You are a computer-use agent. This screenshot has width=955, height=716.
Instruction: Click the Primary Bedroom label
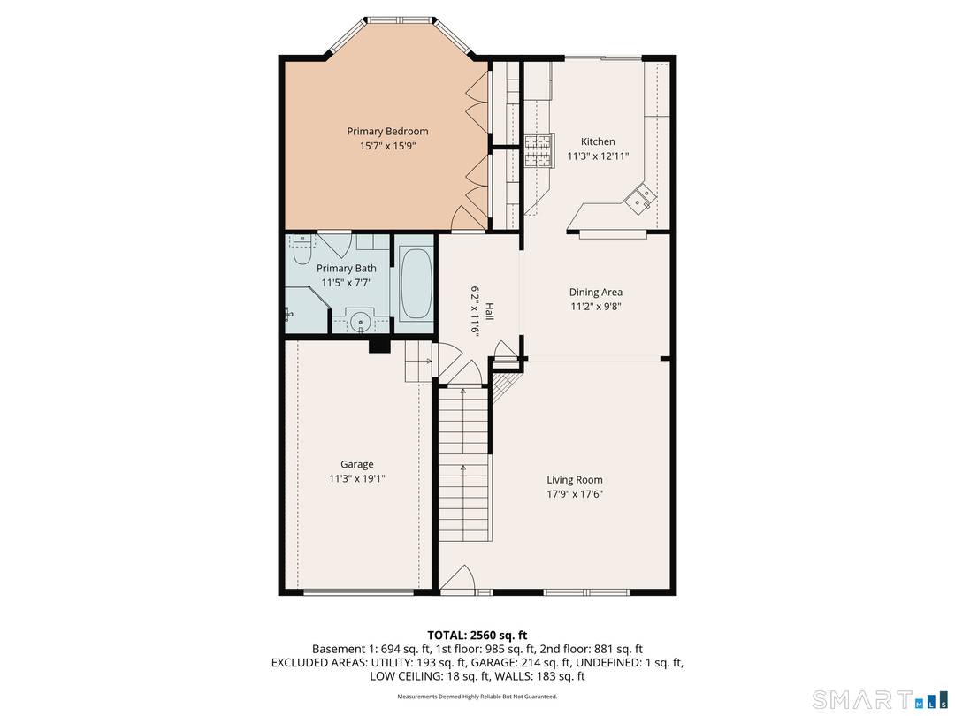[387, 132]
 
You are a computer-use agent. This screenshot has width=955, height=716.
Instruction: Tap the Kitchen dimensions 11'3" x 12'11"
[597, 157]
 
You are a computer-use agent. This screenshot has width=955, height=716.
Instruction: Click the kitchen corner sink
[639, 199]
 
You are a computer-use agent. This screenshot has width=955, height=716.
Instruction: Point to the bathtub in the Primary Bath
[415, 285]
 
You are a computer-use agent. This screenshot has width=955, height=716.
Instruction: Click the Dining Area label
[595, 293]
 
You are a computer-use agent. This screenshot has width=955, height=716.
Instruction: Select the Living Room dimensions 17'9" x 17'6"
[574, 494]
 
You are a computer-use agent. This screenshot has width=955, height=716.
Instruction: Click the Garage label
[356, 464]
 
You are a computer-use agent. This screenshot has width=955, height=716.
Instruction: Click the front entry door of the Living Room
[458, 582]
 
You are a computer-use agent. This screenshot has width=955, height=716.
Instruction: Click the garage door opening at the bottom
[356, 590]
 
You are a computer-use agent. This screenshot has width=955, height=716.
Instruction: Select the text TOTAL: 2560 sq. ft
[477, 635]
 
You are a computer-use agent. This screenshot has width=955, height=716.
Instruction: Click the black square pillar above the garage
[379, 346]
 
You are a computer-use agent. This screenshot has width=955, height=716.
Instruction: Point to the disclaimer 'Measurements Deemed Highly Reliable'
[477, 697]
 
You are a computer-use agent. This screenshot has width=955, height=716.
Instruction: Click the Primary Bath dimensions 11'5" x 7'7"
[346, 283]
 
